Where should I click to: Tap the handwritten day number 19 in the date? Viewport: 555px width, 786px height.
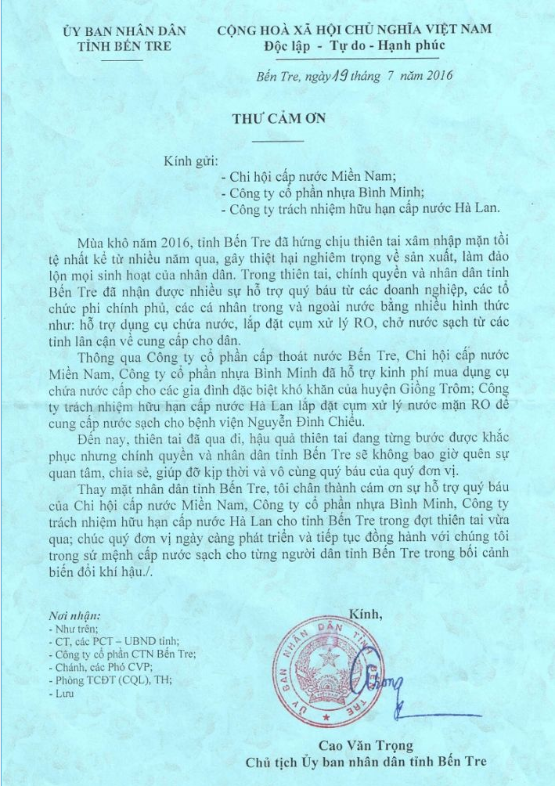click(332, 76)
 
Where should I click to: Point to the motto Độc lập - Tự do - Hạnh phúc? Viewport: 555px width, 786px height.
click(355, 46)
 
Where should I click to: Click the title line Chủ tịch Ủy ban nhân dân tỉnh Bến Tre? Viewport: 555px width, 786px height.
click(365, 761)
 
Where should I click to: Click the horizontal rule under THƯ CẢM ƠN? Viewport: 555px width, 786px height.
click(277, 141)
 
